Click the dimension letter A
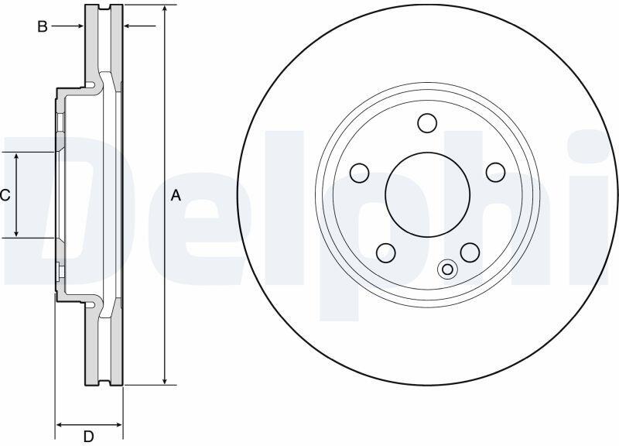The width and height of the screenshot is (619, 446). [x=176, y=195]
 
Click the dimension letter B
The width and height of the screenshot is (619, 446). [x=43, y=26]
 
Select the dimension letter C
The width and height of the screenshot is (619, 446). [x=5, y=195]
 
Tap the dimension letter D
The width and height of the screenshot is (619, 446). [x=88, y=437]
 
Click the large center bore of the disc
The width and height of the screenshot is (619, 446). [x=428, y=195]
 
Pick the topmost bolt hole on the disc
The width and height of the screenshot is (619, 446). [x=427, y=123]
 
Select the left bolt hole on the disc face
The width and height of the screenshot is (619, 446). [x=359, y=173]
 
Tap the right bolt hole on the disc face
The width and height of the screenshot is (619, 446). [x=495, y=172]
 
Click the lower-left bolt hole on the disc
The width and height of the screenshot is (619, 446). [x=386, y=253]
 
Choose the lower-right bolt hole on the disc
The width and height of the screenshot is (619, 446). [x=470, y=252]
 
